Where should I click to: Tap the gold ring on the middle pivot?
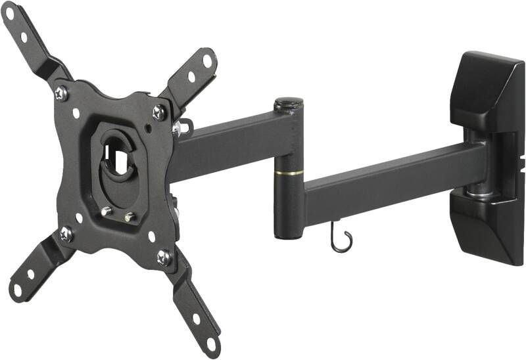[289, 173]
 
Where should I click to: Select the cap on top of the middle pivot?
[289, 103]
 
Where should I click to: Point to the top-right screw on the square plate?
[159, 112]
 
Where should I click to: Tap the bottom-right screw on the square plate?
[164, 256]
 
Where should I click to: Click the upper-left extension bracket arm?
[30, 39]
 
